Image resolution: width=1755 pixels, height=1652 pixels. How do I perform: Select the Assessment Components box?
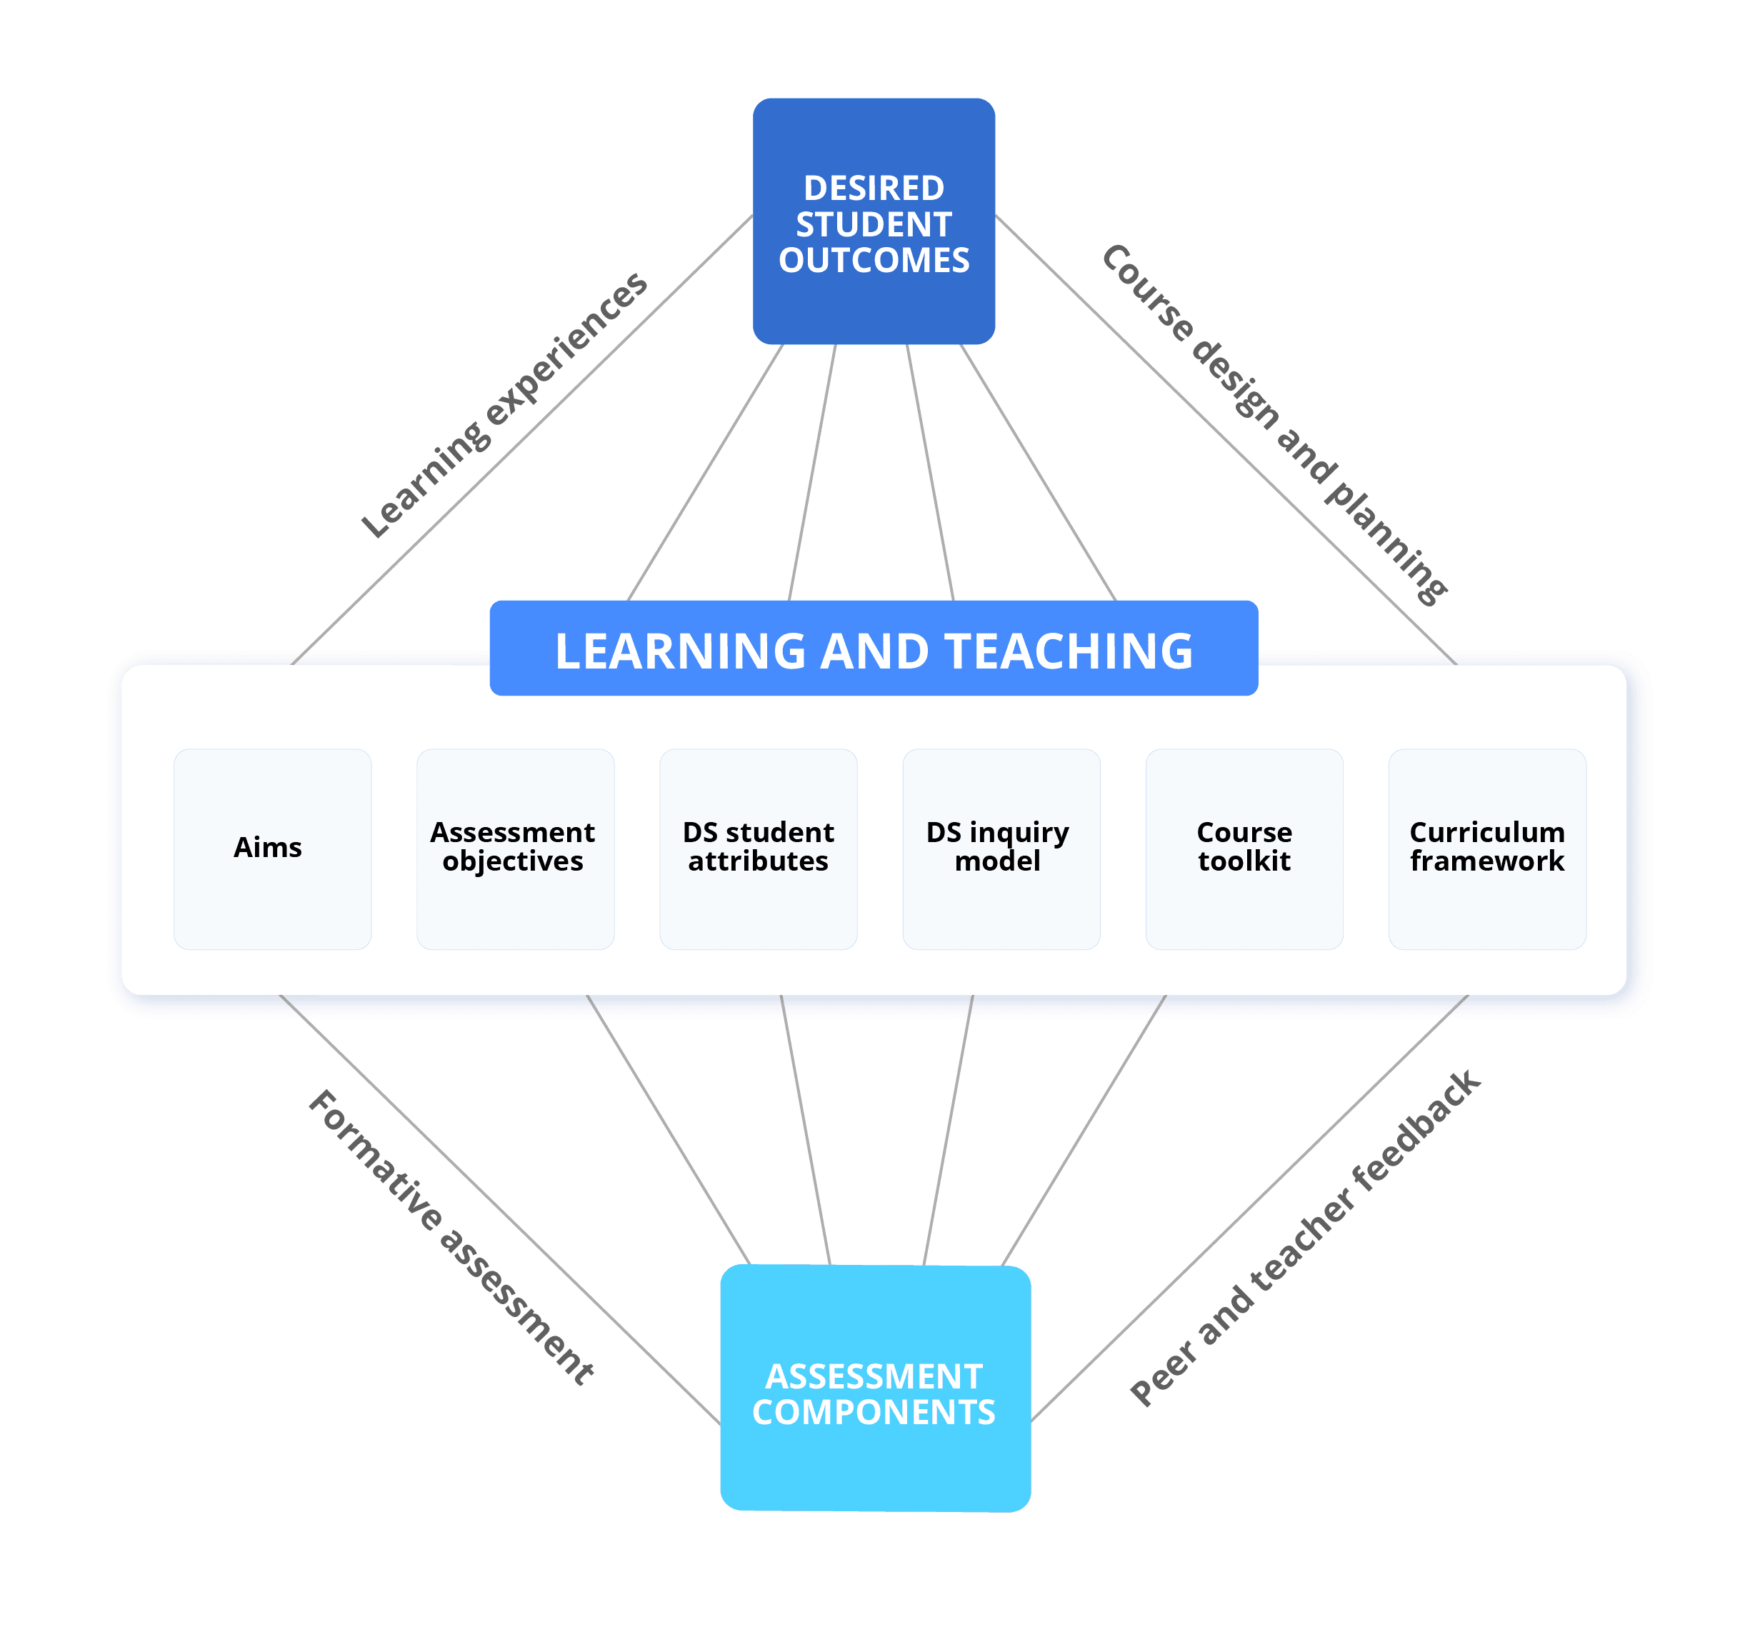pos(875,1388)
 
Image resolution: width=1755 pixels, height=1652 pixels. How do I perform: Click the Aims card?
pos(272,848)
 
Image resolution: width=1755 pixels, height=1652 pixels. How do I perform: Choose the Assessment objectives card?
pos(515,848)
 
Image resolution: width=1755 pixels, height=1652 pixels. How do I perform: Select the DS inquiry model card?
pos(1001,848)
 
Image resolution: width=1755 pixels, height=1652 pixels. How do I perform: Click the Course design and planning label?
pos(1274,425)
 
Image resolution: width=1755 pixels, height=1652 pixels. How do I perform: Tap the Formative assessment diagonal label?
pos(450,1237)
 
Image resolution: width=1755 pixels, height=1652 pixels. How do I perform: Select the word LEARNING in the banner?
pos(680,651)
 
